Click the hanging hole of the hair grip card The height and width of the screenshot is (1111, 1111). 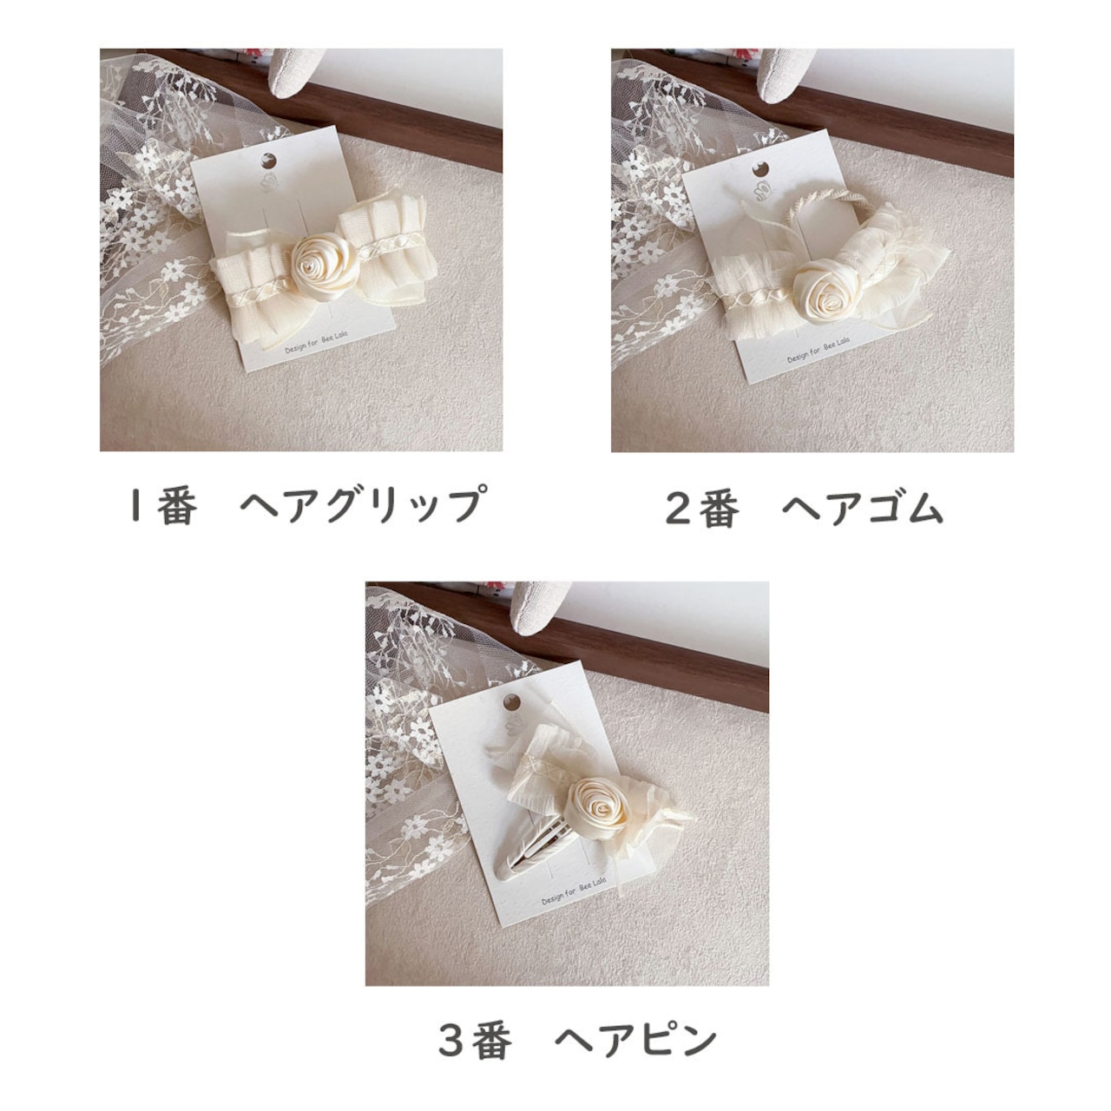[270, 160]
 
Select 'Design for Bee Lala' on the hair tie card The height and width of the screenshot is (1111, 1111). [818, 347]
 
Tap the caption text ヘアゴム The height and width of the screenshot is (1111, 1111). [862, 508]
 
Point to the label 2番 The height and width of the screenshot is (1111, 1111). [702, 509]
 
